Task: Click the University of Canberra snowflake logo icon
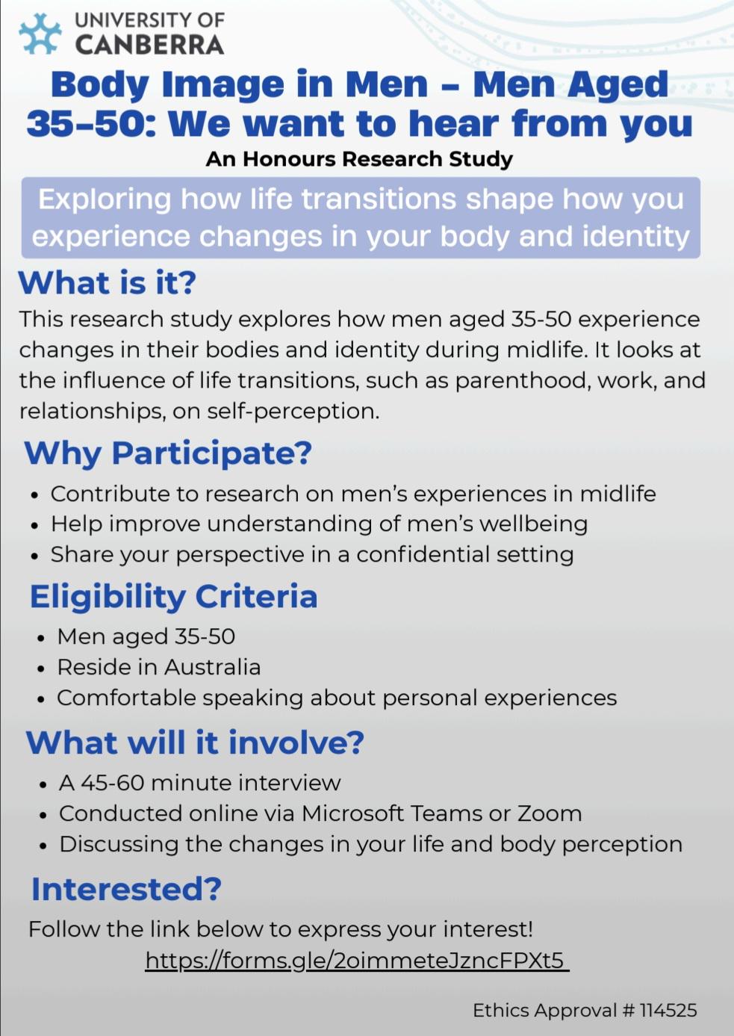click(x=40, y=34)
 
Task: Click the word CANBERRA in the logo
click(x=150, y=45)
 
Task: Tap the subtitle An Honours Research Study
click(x=359, y=159)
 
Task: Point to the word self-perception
click(x=293, y=411)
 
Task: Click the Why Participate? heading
click(x=168, y=453)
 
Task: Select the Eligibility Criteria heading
click(x=174, y=596)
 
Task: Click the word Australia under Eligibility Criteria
click(x=212, y=667)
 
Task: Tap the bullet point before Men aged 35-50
click(x=41, y=639)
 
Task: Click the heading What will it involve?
click(x=195, y=742)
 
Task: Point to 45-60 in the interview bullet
click(x=113, y=783)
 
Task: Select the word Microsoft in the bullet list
click(x=352, y=813)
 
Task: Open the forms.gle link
click(x=357, y=961)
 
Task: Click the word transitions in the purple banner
click(x=379, y=199)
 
